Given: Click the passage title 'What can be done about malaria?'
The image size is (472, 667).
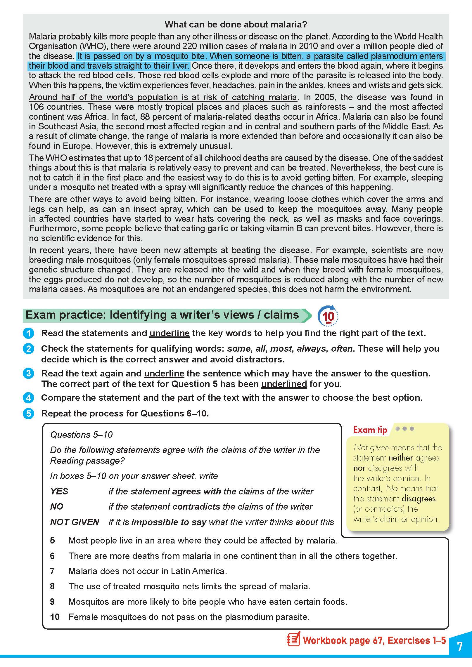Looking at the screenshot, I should (236, 24).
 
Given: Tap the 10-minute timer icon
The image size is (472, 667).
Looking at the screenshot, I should (328, 316).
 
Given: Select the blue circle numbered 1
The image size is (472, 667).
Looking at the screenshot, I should (28, 333).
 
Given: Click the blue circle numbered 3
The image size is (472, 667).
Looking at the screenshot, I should (28, 374).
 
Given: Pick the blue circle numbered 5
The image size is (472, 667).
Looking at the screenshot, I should (28, 414).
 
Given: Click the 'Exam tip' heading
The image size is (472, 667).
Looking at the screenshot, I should (370, 430).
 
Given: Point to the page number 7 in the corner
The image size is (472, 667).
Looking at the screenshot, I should (460, 646).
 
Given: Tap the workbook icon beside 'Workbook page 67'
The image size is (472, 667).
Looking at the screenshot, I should (293, 640).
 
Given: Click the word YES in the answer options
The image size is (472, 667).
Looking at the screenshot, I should (59, 491).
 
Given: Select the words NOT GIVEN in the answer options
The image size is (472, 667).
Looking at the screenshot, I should (75, 522).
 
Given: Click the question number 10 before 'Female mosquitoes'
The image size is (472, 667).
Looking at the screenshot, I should (55, 617).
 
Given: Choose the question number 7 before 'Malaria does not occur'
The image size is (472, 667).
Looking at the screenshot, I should (52, 571).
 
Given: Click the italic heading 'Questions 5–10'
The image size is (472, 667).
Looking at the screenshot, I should (81, 435).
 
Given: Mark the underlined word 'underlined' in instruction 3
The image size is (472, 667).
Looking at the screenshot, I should (284, 384).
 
